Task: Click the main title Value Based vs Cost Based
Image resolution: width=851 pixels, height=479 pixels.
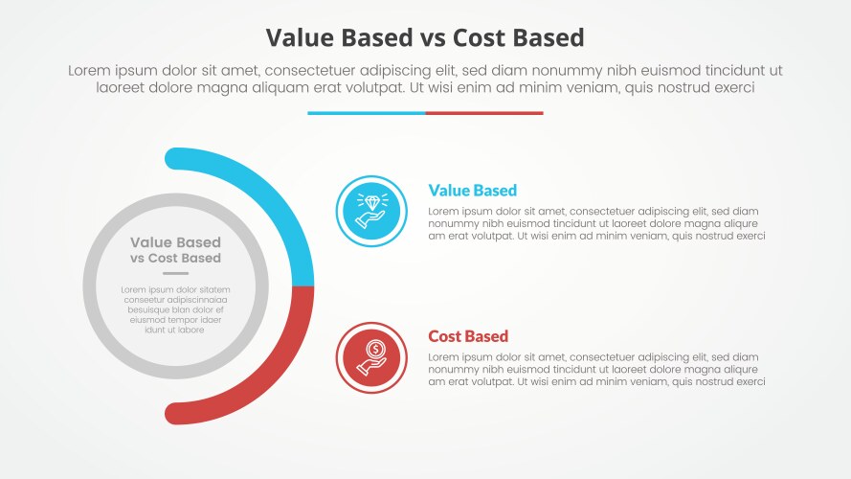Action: coord(425,37)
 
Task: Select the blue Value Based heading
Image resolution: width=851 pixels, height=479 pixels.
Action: coord(473,190)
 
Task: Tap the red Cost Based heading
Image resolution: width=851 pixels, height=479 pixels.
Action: coord(468,336)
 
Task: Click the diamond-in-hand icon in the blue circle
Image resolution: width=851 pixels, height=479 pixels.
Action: coord(371,211)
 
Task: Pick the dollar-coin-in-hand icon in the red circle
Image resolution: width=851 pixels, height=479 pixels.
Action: coord(371,357)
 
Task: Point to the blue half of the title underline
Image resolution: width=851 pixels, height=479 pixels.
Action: coord(366,113)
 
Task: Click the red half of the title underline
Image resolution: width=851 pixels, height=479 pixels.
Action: coord(484,113)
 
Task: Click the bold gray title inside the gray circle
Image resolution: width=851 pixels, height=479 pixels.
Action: coord(175,250)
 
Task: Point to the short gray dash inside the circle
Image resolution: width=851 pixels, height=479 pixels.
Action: coord(175,273)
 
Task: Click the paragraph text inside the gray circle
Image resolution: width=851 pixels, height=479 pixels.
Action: coord(175,309)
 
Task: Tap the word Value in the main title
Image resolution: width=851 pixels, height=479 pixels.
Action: coord(297,37)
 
